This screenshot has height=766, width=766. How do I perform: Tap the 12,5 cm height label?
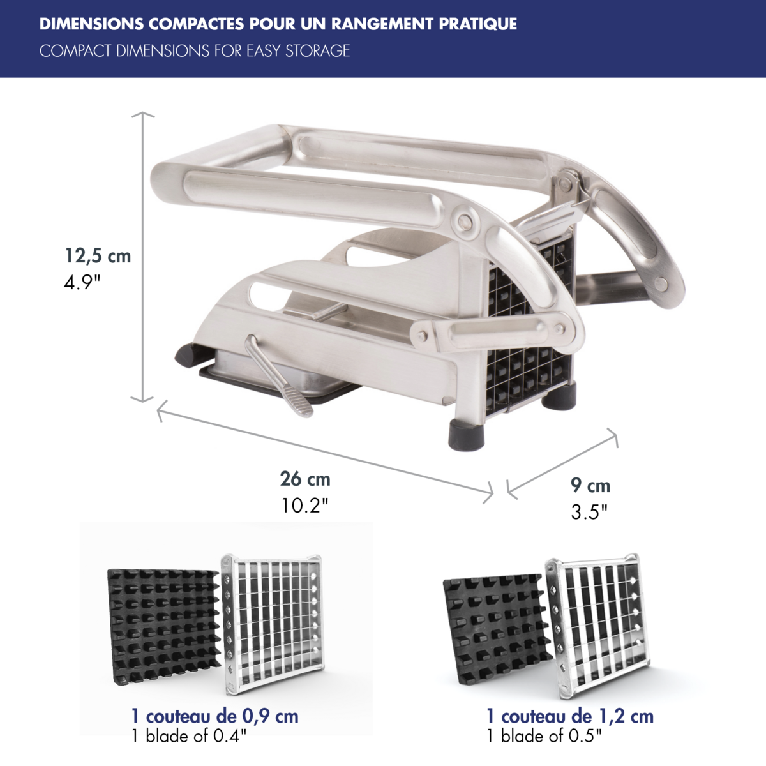point(98,256)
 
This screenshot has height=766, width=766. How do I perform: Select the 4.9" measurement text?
point(82,282)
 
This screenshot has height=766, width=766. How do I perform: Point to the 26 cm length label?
point(305,479)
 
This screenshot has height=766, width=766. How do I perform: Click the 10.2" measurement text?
point(305,506)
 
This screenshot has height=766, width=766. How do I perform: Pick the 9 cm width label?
point(590,486)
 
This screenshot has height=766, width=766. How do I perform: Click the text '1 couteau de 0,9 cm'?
point(214,716)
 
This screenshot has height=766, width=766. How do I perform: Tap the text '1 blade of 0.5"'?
point(544,737)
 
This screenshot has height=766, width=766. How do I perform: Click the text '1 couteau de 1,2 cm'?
point(569,716)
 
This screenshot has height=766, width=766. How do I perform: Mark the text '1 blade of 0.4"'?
point(189,737)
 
